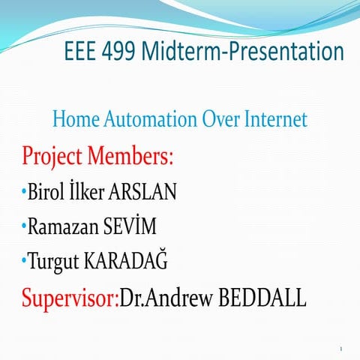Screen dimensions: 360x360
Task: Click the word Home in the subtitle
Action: [73, 119]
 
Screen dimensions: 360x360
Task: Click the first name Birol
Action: [44, 193]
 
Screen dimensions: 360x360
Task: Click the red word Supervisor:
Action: [70, 298]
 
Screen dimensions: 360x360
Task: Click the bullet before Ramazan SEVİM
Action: [23, 226]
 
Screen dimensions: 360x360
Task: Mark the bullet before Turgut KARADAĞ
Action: [23, 261]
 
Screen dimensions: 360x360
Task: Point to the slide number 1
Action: [340, 349]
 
